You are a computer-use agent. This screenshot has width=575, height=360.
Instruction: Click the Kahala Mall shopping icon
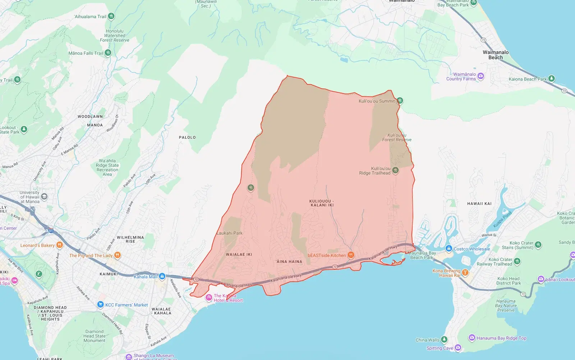(x=162, y=276)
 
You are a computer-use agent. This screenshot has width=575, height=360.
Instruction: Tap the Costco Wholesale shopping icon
(x=448, y=249)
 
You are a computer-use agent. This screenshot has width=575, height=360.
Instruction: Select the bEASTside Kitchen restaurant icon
(x=351, y=255)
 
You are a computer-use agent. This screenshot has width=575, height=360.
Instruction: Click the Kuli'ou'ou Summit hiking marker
(x=400, y=101)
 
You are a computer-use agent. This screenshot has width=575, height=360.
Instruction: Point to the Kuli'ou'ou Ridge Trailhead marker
(x=395, y=170)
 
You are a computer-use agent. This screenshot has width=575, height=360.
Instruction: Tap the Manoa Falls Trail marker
(x=108, y=53)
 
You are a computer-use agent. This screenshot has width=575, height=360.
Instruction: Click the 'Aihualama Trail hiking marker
(x=111, y=16)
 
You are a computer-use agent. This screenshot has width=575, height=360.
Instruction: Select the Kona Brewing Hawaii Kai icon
(x=465, y=272)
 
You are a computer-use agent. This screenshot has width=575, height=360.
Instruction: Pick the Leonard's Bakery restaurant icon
(x=60, y=245)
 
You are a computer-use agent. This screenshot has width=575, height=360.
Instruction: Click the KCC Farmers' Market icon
(x=101, y=305)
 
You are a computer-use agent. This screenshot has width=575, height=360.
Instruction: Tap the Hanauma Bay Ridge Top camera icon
(x=472, y=338)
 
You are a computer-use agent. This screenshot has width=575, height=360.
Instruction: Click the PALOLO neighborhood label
(x=187, y=137)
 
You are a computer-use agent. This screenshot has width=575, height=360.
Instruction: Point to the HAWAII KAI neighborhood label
(x=479, y=204)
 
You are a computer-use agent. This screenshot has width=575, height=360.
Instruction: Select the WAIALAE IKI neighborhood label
(x=239, y=255)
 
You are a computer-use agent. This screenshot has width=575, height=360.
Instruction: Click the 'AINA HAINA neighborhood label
(x=289, y=262)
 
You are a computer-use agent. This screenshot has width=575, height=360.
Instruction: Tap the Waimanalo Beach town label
(x=496, y=55)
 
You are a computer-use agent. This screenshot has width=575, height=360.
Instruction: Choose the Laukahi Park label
(x=230, y=233)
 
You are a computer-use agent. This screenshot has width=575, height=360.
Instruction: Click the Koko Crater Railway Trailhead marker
(x=517, y=261)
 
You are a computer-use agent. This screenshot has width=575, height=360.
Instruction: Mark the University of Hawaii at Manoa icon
(x=44, y=196)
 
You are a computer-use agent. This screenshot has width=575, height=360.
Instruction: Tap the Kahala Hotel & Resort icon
(x=209, y=298)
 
